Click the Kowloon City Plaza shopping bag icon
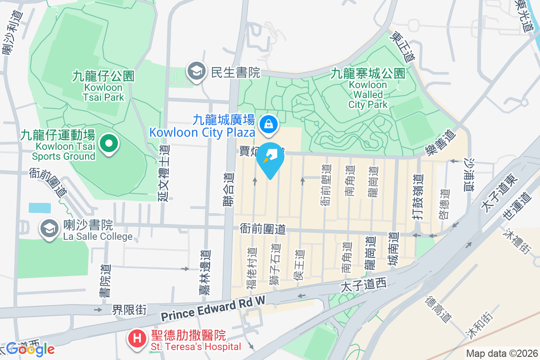269,123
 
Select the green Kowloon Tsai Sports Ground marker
108,145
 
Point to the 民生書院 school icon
196,72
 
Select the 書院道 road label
106,280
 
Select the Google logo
30,349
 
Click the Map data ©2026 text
502,354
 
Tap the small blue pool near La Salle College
40,207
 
